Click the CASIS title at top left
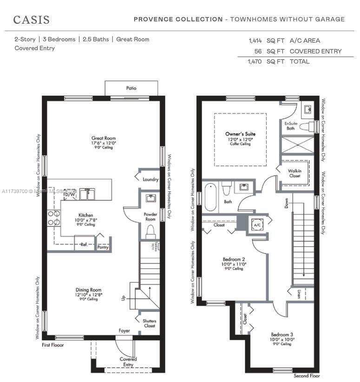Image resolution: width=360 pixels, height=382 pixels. point(31,19)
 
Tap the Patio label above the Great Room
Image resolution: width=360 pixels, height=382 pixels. point(131,88)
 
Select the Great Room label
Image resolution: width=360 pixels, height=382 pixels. point(104,138)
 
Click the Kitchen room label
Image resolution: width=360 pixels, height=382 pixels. point(85,215)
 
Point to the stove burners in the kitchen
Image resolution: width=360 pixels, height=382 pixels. point(53,219)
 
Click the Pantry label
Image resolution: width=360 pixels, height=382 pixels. point(103,247)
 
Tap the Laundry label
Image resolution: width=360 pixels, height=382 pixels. point(151,179)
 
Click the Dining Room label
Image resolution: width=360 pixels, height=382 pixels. point(89,290)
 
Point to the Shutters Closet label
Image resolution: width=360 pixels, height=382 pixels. point(149,323)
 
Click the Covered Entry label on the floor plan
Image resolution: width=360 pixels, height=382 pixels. point(128,362)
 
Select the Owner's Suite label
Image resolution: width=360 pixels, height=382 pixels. point(240,134)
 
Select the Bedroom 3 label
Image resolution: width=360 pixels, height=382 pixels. point(282,334)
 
